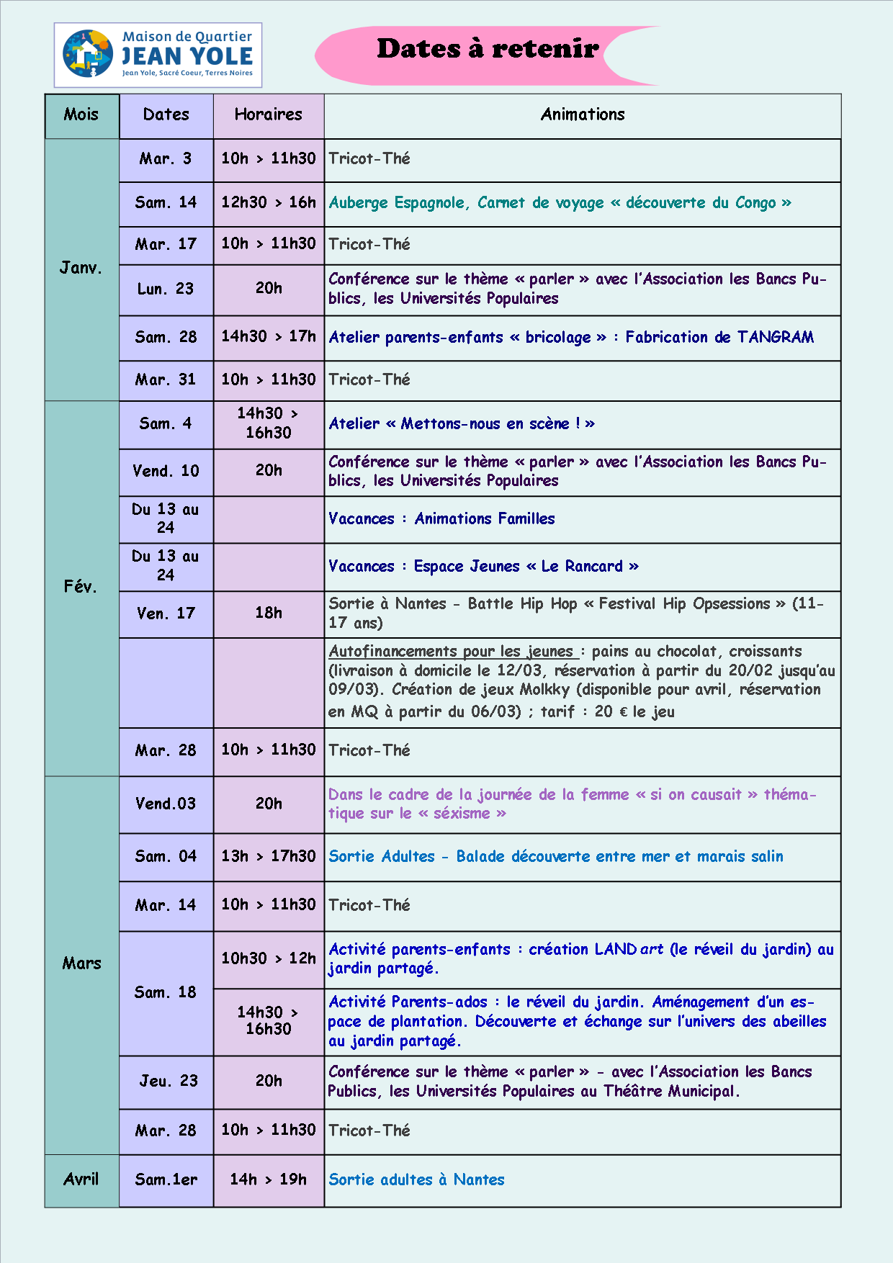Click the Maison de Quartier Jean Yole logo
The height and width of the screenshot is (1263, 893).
coord(158,55)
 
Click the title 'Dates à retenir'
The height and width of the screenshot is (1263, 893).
coord(488,49)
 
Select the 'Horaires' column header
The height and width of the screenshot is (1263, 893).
coord(268,114)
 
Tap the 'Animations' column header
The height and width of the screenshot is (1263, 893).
coord(582,114)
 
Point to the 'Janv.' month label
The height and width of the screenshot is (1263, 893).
coord(81,268)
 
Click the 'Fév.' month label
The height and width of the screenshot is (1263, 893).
coord(80,587)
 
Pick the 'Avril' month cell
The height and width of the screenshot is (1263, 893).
coord(81,1179)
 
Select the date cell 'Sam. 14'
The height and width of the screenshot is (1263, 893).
coord(166,203)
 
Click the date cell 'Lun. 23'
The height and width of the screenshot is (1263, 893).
coord(166,289)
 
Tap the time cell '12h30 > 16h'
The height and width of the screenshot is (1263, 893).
coord(268,202)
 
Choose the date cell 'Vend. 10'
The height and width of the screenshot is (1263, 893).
coord(166,471)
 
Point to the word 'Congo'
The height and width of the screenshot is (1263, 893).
coord(755,203)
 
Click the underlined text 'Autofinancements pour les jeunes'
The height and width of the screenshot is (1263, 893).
coord(452,652)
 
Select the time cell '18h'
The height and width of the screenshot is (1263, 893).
coord(268,613)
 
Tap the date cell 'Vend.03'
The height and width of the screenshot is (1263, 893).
coord(166,804)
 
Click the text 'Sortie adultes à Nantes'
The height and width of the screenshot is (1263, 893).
coord(416,1179)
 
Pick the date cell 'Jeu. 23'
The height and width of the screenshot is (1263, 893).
coord(169,1081)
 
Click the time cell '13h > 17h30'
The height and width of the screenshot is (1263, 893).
coord(268,856)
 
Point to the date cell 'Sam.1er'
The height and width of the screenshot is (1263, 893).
coord(166,1179)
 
